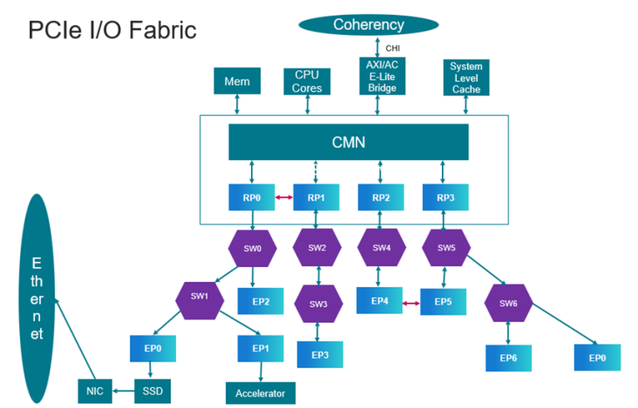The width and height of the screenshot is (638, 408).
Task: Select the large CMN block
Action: click(x=349, y=142)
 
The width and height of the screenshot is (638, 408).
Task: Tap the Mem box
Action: click(x=237, y=81)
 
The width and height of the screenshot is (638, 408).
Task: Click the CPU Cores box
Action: click(x=307, y=81)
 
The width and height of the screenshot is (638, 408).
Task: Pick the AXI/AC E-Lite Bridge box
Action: click(x=382, y=75)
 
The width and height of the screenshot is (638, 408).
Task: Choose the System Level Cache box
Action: click(x=467, y=77)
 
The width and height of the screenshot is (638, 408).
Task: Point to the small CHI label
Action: click(x=393, y=47)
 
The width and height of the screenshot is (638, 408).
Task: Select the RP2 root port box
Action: click(x=380, y=197)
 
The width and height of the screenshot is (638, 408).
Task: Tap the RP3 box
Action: click(x=445, y=197)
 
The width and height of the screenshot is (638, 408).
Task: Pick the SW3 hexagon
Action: click(x=318, y=304)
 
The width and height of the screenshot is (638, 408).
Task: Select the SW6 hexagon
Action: click(x=508, y=304)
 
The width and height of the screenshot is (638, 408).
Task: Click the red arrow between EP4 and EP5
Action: click(x=409, y=303)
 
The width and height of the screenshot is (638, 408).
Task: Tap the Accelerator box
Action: click(x=260, y=392)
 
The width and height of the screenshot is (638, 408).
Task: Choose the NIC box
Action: click(x=93, y=390)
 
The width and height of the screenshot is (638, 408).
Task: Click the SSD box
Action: click(x=151, y=390)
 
